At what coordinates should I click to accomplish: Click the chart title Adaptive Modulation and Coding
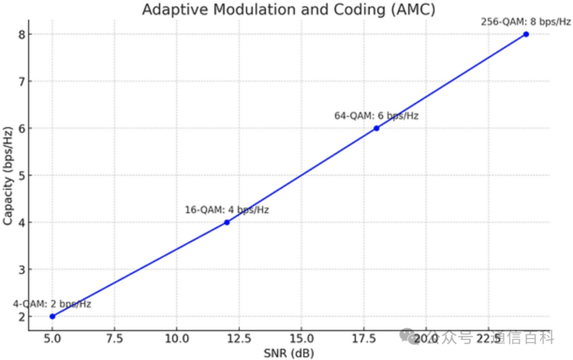tap(288, 10)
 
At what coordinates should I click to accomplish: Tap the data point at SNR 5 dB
tap(52, 317)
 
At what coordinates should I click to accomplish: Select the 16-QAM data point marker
tap(227, 222)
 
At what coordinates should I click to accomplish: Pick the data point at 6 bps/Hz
tap(376, 128)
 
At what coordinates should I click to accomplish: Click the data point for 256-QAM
tap(526, 34)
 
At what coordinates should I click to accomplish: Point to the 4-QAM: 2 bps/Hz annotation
tap(52, 304)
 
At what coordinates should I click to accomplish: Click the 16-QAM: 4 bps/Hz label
tap(227, 210)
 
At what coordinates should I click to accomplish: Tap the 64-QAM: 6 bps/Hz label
tap(376, 116)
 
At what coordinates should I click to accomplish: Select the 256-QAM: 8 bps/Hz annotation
tap(526, 22)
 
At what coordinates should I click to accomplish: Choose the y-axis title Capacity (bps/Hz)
tap(7, 175)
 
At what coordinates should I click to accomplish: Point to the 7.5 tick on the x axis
tap(115, 338)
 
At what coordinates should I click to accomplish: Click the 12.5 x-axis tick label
tap(239, 338)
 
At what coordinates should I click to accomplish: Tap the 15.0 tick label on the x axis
tap(301, 338)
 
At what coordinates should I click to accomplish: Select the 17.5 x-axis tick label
tap(363, 338)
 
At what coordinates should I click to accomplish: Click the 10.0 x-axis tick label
tap(177, 338)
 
